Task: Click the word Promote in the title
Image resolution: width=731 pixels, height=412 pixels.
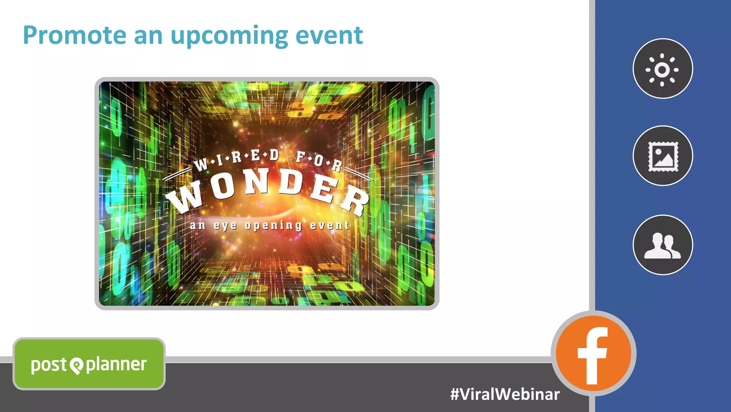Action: click(75, 35)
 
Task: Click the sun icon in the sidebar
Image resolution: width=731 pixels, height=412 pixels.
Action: click(662, 69)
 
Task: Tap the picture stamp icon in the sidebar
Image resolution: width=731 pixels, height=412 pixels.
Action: click(662, 156)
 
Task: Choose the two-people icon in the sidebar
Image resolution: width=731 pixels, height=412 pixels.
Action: click(662, 245)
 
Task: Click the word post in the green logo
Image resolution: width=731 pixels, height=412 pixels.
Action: click(49, 365)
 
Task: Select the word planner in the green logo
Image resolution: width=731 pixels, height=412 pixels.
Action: click(116, 365)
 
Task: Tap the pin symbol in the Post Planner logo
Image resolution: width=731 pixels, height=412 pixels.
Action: click(76, 366)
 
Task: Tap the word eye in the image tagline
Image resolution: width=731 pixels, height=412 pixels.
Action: click(225, 226)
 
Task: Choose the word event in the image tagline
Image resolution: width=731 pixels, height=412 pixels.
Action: click(329, 225)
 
